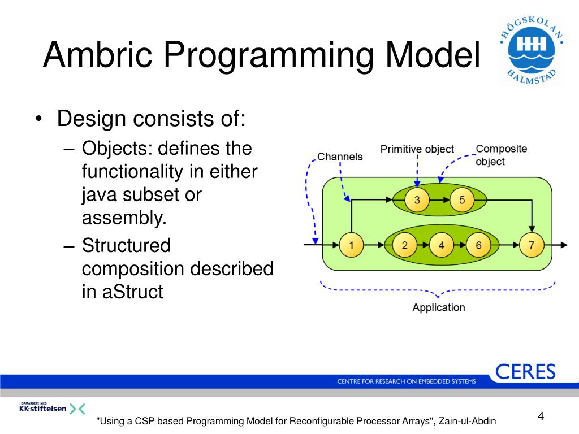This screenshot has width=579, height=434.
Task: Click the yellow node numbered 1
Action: [x=351, y=245]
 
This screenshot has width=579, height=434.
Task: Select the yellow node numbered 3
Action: [x=417, y=199]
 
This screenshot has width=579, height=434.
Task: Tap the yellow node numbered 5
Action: [x=462, y=199]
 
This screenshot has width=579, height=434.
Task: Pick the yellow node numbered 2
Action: [x=405, y=245]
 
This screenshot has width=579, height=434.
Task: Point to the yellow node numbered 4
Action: [x=441, y=245]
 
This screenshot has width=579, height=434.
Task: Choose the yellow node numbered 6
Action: [x=478, y=245]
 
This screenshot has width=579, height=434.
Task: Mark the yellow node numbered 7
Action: [x=532, y=245]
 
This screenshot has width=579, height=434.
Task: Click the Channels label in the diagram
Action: [x=340, y=157]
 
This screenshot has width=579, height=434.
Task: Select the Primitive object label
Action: [x=417, y=149]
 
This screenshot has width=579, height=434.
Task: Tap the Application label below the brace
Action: [x=439, y=307]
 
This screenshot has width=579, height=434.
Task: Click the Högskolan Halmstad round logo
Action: [x=532, y=50]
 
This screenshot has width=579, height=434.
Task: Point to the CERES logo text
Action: [x=525, y=372]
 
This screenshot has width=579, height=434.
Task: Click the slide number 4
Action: [x=541, y=416]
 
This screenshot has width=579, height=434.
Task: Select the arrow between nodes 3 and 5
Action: [x=439, y=199]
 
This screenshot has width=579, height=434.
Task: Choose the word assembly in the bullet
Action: [x=124, y=218]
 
